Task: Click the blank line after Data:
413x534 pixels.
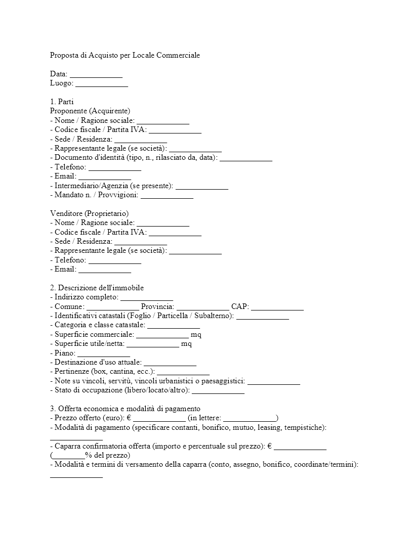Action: coord(96,75)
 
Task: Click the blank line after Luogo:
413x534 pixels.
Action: coord(102,84)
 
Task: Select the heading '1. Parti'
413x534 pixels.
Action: coord(62,102)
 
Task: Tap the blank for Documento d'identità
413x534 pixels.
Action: coord(246,159)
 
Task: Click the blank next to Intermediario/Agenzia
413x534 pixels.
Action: coord(202,187)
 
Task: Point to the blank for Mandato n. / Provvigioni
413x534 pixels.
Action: coord(167,196)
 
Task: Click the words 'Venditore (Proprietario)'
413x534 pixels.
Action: coord(90,213)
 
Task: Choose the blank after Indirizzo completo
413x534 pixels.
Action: coord(147,298)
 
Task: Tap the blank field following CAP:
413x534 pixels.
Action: coord(277,307)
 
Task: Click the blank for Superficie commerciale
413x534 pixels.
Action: coord(162,335)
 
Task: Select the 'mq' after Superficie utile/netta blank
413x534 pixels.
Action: coord(186,344)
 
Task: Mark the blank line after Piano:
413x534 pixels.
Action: coord(104,354)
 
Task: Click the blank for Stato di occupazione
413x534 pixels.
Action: coord(218,391)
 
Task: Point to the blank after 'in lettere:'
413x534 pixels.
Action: coord(250,419)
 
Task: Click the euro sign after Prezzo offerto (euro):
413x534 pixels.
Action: coord(129,418)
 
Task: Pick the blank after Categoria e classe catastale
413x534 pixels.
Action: coord(174,326)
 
